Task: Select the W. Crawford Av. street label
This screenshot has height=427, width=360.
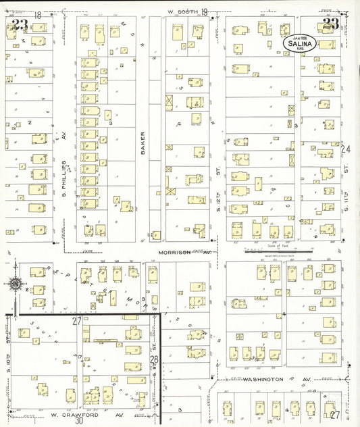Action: (x=87, y=414)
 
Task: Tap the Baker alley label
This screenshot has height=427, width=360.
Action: (x=143, y=143)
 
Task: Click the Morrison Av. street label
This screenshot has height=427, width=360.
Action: (x=184, y=253)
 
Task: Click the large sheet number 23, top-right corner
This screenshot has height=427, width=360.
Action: (x=330, y=24)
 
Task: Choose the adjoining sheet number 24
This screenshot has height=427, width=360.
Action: (x=346, y=149)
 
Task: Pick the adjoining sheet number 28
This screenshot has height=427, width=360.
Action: (x=154, y=359)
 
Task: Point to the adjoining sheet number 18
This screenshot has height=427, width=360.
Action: (x=37, y=14)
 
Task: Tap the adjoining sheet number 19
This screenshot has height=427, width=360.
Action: (x=203, y=11)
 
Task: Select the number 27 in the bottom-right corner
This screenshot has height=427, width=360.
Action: (x=334, y=415)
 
